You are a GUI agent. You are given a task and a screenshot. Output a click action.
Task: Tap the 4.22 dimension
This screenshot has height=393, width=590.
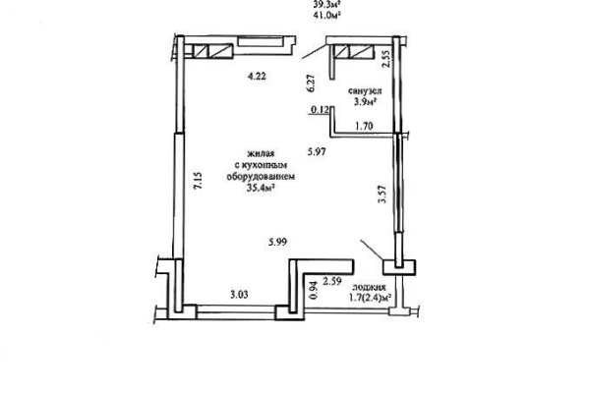[x=258, y=75]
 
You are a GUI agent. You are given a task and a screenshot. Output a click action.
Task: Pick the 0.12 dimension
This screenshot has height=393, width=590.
[x=318, y=111]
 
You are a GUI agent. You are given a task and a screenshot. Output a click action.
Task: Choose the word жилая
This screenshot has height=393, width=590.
[x=260, y=154]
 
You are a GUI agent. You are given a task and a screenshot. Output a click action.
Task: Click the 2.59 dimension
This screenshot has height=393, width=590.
[x=332, y=283]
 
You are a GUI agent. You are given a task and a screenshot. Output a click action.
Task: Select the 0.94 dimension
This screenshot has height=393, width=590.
[x=314, y=288]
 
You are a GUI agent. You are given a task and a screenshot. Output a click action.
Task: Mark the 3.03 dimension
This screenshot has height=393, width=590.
[x=239, y=294]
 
